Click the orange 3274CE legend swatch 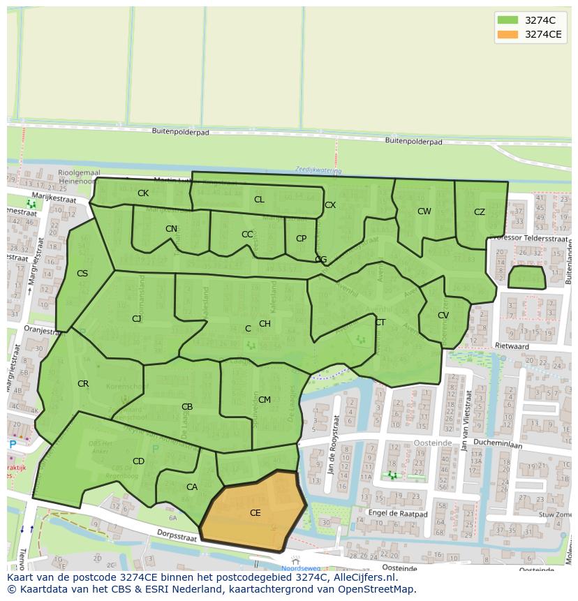[x=507, y=34]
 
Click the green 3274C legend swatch [x=507, y=20]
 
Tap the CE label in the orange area [x=255, y=513]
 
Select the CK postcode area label [x=143, y=193]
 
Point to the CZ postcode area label [x=480, y=212]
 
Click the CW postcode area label [x=424, y=212]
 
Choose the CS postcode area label [x=82, y=274]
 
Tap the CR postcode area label [x=83, y=384]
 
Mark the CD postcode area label [x=138, y=461]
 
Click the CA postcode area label [x=192, y=487]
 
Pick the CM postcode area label [x=265, y=400]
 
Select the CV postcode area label [x=443, y=316]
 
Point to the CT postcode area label [x=380, y=322]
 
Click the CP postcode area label [x=301, y=239]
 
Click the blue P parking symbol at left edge [x=12, y=445]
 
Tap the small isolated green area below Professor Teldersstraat [x=526, y=278]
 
